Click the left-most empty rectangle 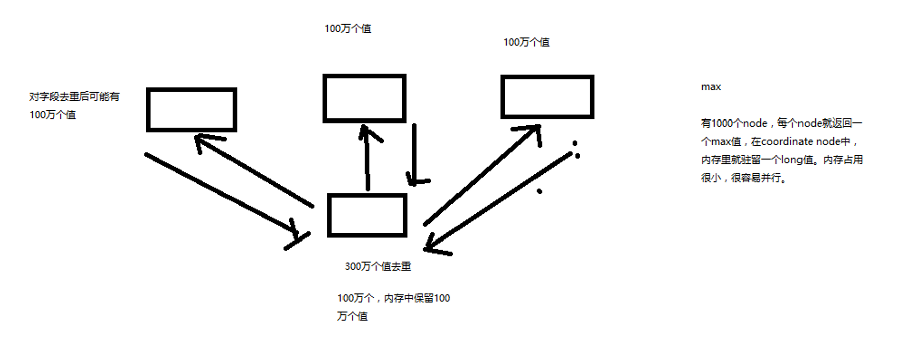(191, 110)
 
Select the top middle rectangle (365, 98)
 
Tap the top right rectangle (547, 97)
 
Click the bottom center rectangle (367, 215)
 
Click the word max (711, 87)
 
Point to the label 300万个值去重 (378, 267)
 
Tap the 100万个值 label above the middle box (348, 29)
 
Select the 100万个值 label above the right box (526, 42)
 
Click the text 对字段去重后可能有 (74, 97)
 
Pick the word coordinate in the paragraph (785, 142)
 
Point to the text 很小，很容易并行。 (743, 178)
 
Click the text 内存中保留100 (417, 298)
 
